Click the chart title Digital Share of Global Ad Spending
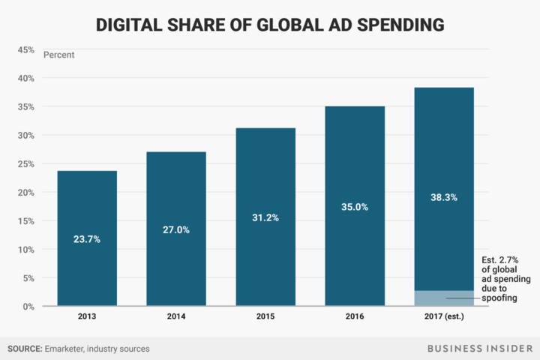click(x=270, y=25)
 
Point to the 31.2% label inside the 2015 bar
click(x=265, y=218)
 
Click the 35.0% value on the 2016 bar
click(x=355, y=207)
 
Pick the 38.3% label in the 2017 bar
click(x=444, y=197)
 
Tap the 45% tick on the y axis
click(x=25, y=49)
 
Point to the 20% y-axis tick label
click(x=25, y=192)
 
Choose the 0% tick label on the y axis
click(x=28, y=306)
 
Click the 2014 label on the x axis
click(x=176, y=318)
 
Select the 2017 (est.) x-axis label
click(x=444, y=318)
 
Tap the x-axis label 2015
click(x=265, y=318)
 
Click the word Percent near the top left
click(x=58, y=55)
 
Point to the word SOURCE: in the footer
click(x=27, y=348)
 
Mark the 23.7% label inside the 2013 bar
click(x=87, y=239)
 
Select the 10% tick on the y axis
click(x=25, y=249)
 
